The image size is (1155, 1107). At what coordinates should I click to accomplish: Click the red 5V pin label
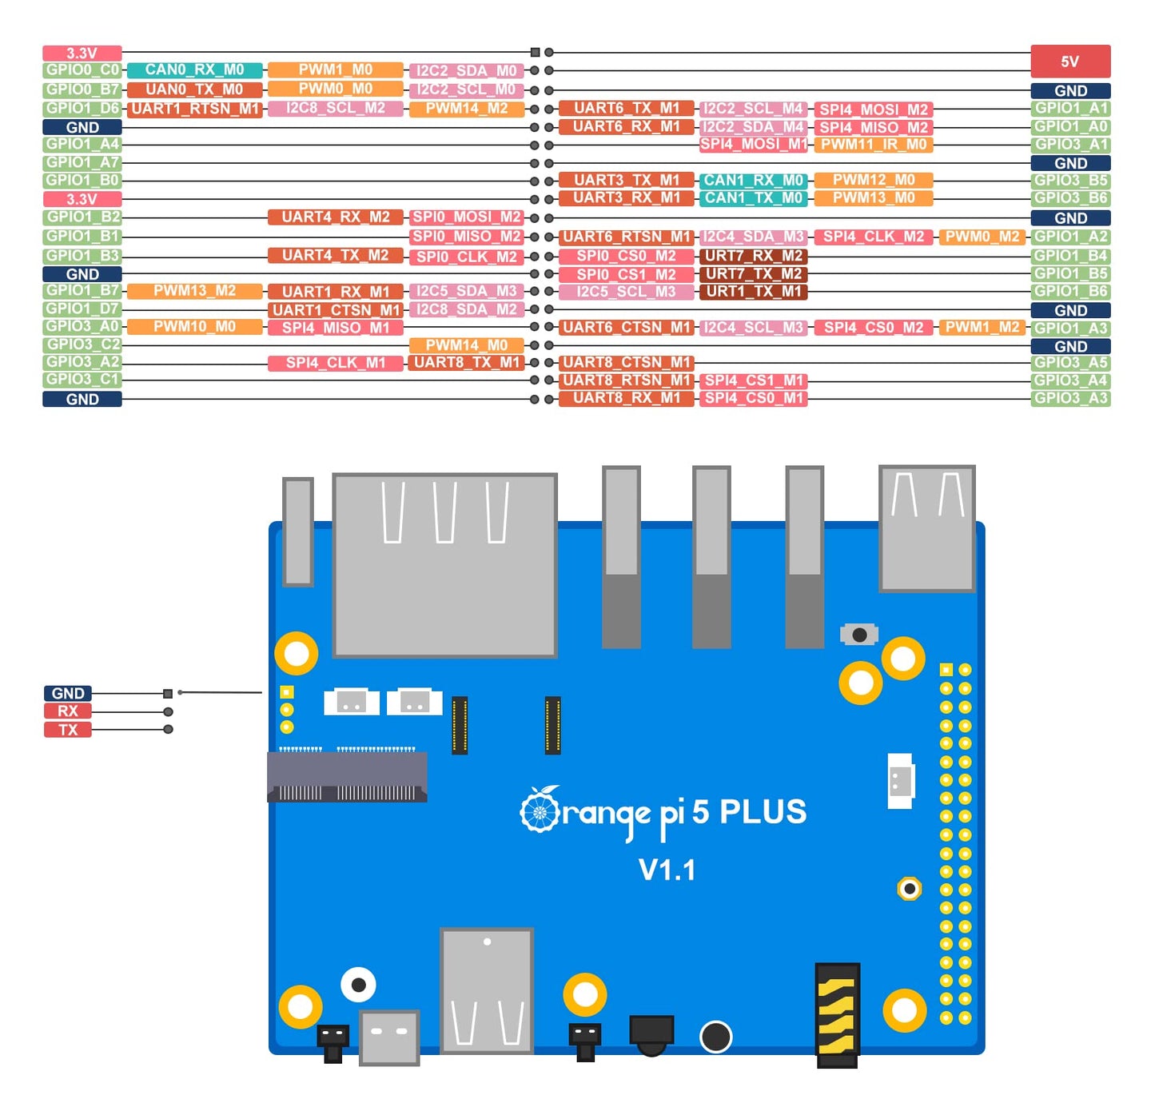[x=1069, y=62]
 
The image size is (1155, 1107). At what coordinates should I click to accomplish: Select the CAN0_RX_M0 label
[x=194, y=70]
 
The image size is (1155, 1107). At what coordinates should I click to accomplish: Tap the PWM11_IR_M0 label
[x=874, y=145]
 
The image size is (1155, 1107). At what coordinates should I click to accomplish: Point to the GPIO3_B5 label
[x=1070, y=181]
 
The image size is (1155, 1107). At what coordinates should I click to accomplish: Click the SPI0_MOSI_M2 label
[x=466, y=217]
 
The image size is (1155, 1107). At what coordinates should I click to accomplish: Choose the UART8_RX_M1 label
[x=626, y=398]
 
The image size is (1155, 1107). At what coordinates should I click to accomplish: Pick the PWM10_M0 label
[x=194, y=327]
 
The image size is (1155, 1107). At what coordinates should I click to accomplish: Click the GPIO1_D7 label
[x=82, y=309]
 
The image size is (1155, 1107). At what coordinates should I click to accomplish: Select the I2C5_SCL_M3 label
[x=626, y=292]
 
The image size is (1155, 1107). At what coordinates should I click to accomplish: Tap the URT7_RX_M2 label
[x=753, y=256]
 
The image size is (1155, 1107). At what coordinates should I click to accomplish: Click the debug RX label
[x=67, y=711]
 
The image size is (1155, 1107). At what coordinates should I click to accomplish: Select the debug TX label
[x=67, y=730]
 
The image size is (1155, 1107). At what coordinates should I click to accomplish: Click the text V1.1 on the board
[x=667, y=870]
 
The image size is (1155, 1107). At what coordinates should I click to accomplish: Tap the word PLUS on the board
[x=763, y=812]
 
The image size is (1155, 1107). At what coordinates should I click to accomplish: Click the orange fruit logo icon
[x=540, y=810]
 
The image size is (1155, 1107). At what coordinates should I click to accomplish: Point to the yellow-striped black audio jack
[x=837, y=1015]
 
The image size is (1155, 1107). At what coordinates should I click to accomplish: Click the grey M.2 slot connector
[x=347, y=777]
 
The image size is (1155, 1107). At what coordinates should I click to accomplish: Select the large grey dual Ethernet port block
[x=444, y=564]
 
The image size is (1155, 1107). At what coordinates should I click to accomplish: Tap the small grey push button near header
[x=859, y=635]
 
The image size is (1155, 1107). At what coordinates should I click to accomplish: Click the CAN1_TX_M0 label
[x=753, y=198]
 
